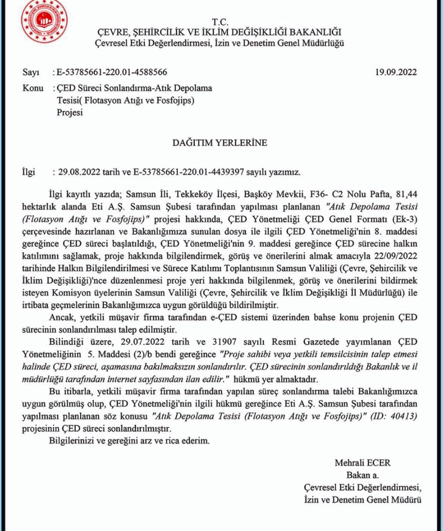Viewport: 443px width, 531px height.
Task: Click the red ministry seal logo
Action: (x=45, y=21)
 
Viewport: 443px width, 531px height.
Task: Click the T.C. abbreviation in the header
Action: (x=220, y=22)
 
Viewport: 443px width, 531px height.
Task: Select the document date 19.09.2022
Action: (x=396, y=72)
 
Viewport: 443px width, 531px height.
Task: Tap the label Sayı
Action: (x=31, y=72)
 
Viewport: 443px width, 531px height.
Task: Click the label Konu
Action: (x=33, y=88)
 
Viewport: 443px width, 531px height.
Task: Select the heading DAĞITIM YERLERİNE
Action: (x=220, y=143)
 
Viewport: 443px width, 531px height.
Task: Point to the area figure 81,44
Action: (x=406, y=194)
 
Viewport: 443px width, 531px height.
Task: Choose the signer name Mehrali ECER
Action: (x=362, y=463)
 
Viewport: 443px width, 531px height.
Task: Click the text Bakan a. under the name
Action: (x=362, y=475)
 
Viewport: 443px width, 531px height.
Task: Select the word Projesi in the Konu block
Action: (x=70, y=112)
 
